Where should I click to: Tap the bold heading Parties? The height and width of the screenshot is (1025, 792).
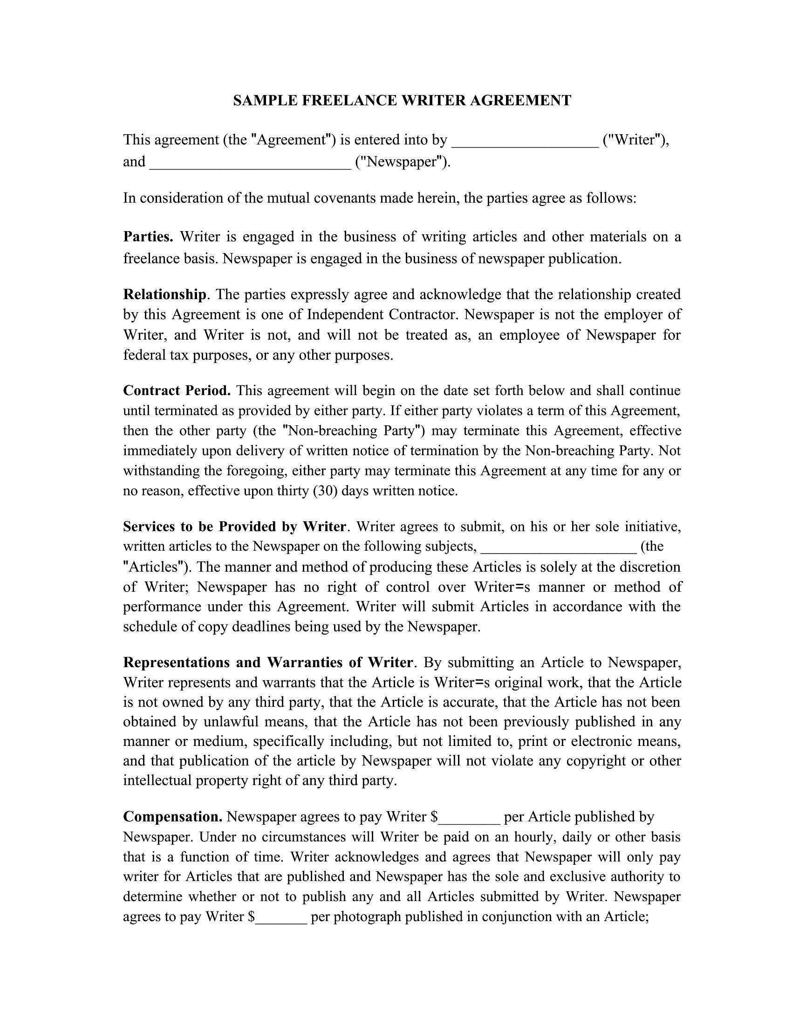[148, 237]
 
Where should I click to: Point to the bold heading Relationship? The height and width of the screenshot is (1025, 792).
[164, 295]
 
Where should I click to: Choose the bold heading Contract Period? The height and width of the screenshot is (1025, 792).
[177, 390]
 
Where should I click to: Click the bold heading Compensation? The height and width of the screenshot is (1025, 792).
[173, 817]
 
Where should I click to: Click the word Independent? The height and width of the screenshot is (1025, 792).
[345, 314]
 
